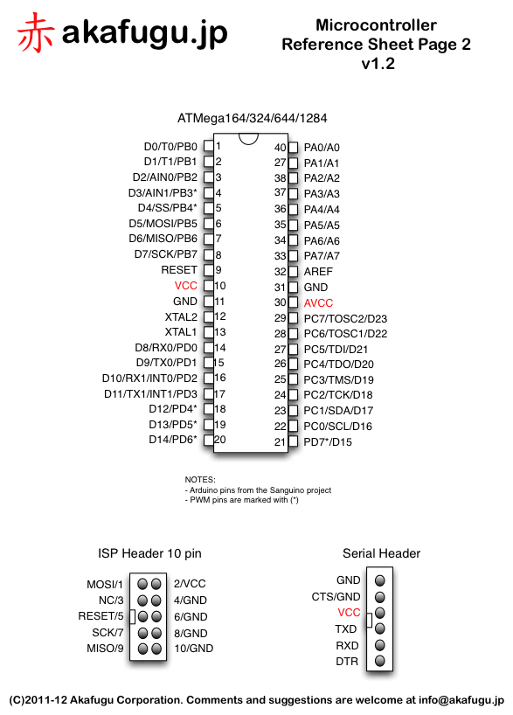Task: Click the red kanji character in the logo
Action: click(x=36, y=32)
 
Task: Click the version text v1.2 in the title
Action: click(x=377, y=64)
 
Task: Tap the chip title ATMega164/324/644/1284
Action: click(x=253, y=117)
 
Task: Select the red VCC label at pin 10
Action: click(x=185, y=286)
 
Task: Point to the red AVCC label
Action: click(x=318, y=302)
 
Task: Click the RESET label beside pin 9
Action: click(x=179, y=270)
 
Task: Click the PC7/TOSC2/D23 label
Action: click(x=345, y=318)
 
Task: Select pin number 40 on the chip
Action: click(x=280, y=148)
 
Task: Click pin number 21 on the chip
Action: click(x=280, y=441)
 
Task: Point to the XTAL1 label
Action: click(x=181, y=332)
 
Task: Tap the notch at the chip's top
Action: click(x=249, y=137)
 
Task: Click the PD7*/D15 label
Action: click(x=328, y=441)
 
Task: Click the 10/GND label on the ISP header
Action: click(x=193, y=649)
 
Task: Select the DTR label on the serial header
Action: click(x=348, y=662)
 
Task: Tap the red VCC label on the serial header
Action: click(x=349, y=613)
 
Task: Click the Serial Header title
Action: click(x=381, y=553)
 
